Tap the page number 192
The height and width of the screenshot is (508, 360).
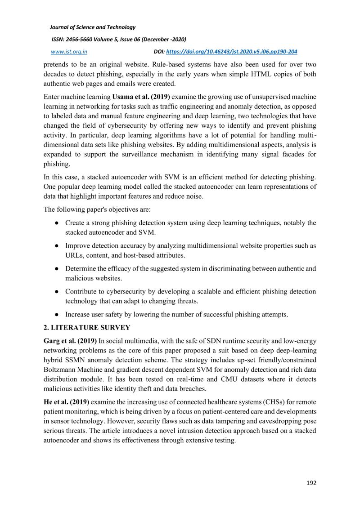pyautogui.click(x=311, y=483)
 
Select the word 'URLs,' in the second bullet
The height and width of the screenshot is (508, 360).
pyautogui.click(x=77, y=255)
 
